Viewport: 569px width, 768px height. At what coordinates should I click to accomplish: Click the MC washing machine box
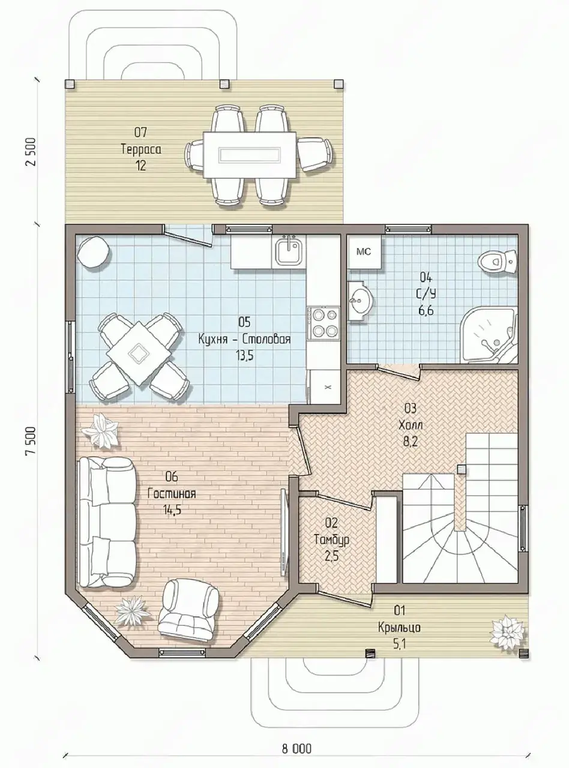tap(364, 252)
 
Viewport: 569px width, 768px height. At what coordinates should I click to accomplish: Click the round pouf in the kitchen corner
tap(94, 253)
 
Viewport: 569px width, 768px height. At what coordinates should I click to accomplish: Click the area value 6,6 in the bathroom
tap(426, 310)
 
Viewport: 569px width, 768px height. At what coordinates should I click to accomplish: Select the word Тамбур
tap(332, 539)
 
